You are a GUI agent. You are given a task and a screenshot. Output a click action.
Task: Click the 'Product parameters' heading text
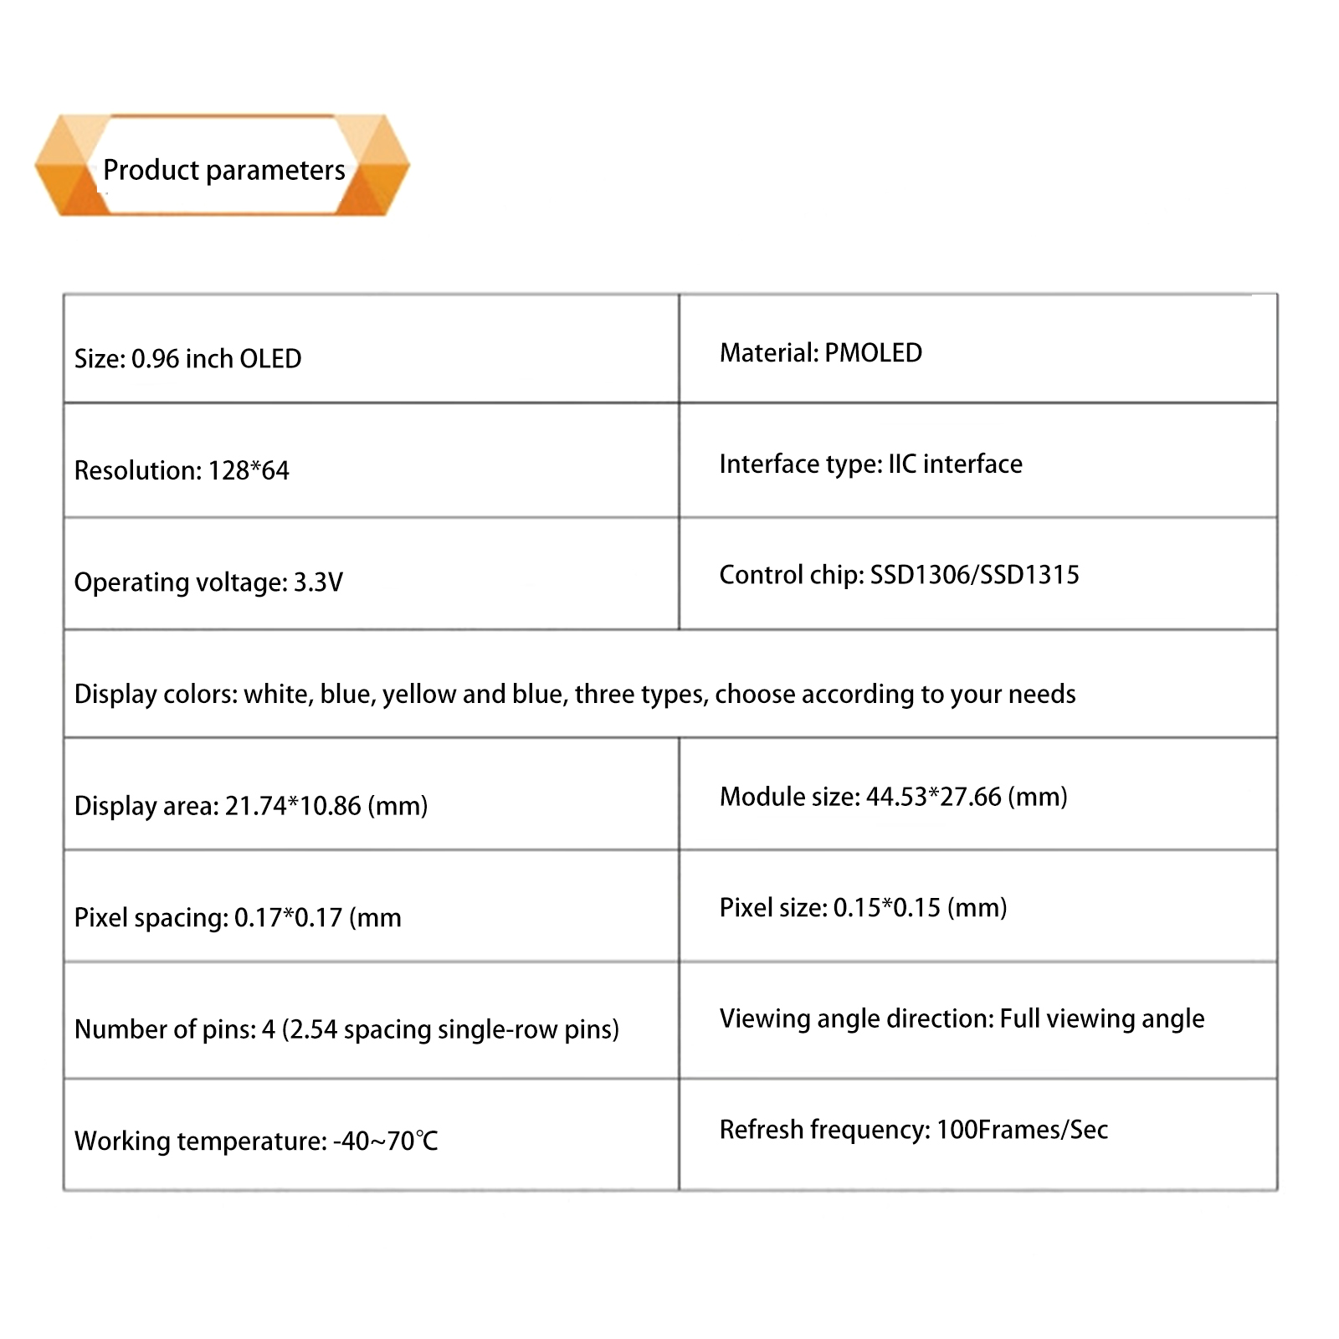pos(223,170)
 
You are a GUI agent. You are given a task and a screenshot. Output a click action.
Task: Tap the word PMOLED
pos(873,353)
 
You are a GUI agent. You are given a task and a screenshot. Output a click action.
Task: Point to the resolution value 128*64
pos(249,470)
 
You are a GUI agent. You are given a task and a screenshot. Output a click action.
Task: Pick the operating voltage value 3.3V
pos(318,582)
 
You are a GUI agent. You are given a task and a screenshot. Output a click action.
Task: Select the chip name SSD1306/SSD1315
pos(974,575)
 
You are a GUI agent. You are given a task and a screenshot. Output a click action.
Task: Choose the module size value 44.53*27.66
pos(933,797)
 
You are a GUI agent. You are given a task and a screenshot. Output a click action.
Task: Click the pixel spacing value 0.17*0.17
pos(288,918)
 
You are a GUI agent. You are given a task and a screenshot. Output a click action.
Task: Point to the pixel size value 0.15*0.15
pos(887,908)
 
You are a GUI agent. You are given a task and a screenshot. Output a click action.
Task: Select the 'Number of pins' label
pos(165,1029)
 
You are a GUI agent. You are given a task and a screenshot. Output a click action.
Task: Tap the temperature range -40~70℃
pos(386,1141)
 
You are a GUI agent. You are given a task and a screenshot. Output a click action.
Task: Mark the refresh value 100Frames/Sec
pos(1022,1130)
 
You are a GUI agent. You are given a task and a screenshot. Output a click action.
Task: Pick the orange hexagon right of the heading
pos(382,166)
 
